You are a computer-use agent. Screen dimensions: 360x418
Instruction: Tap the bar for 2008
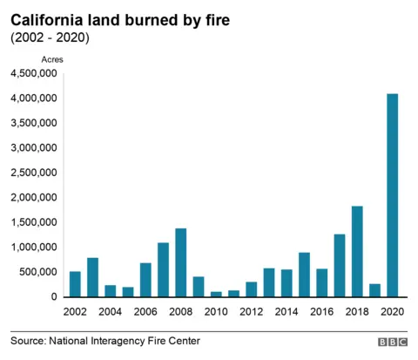(181, 262)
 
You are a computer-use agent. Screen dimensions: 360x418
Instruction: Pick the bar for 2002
(75, 284)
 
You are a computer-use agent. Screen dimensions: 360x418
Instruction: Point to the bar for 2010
(216, 294)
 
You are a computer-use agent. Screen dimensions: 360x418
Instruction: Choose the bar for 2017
(339, 265)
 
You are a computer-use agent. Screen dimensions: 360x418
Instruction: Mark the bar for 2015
(304, 275)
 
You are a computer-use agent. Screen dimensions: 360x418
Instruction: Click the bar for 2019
(374, 290)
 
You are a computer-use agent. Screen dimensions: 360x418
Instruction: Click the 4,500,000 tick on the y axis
(34, 73)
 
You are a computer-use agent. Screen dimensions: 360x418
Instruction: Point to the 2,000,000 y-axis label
(34, 197)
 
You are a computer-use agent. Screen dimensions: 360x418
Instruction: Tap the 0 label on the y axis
(54, 296)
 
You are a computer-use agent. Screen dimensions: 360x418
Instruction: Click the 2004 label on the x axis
(110, 312)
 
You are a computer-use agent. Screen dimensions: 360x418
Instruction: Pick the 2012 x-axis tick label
(251, 312)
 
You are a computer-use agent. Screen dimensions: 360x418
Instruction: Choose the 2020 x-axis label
(392, 312)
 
